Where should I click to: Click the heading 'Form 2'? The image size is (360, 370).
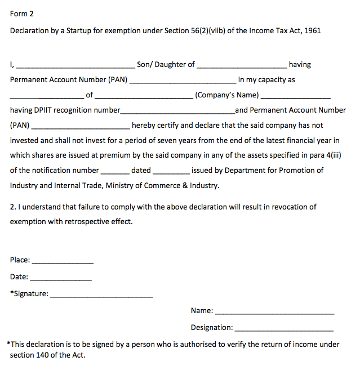pos(22,14)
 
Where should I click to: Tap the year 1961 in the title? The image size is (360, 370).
pos(312,30)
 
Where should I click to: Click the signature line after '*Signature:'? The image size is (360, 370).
pos(101,296)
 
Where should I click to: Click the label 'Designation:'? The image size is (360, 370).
pos(212,327)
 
